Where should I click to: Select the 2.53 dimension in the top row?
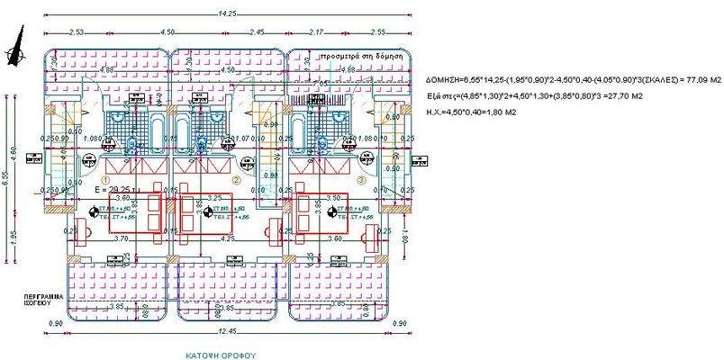[x=75, y=31]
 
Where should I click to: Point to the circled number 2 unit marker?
[x=237, y=181]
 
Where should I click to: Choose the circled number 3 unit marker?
[x=361, y=180]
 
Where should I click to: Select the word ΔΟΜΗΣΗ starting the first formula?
[x=443, y=81]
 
